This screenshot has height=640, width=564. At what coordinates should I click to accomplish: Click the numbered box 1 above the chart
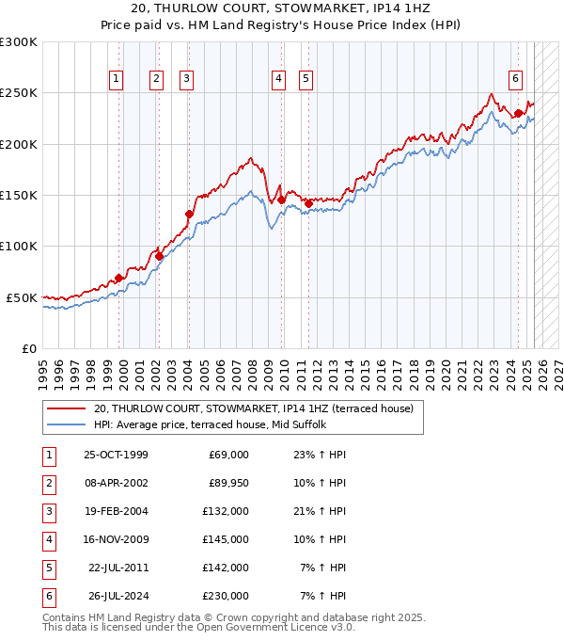[116, 80]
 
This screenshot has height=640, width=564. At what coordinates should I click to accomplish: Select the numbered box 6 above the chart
[516, 80]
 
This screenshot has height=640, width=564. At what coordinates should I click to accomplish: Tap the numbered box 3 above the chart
[187, 80]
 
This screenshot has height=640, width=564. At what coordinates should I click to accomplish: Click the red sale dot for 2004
[189, 214]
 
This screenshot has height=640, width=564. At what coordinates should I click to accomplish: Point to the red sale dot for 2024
[519, 113]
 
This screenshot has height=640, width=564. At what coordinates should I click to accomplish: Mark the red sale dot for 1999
[119, 278]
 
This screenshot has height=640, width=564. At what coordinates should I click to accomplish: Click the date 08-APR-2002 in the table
[117, 483]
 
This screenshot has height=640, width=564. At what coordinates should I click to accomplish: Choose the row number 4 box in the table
[48, 539]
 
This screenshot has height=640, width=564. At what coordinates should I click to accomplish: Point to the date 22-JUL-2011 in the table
[118, 568]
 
